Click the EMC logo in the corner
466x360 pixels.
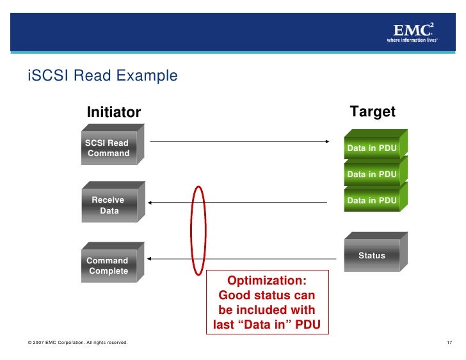(412, 30)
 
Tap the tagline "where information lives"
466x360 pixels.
(412, 40)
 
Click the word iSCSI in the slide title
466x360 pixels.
(48, 76)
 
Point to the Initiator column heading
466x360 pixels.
(113, 113)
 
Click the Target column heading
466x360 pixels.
(373, 112)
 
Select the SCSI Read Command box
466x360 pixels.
(109, 148)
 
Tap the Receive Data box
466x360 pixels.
(109, 205)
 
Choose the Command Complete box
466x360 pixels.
(109, 265)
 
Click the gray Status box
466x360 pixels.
(372, 255)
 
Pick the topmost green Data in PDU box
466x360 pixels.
(372, 148)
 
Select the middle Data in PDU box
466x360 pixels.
(372, 174)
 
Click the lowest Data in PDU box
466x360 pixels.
(372, 200)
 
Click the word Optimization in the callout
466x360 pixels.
(267, 281)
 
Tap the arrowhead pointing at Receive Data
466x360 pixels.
(149, 203)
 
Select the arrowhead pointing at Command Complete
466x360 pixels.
(149, 259)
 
